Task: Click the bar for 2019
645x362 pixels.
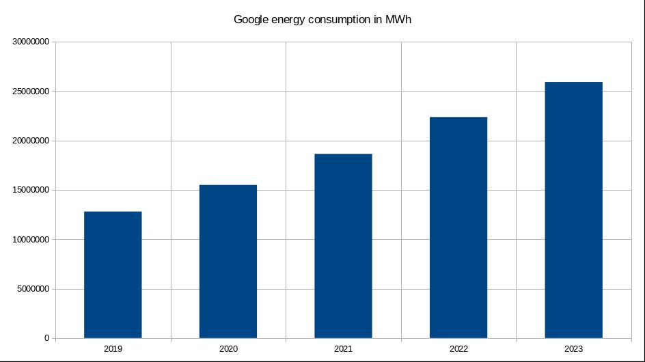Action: click(113, 275)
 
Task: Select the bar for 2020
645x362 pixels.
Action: click(228, 262)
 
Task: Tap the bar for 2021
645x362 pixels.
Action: click(343, 246)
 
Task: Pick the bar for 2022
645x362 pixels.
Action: click(458, 227)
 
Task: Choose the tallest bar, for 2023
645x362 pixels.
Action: click(573, 210)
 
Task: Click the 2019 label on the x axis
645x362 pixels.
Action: click(113, 349)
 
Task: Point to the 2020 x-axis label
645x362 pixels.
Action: click(228, 349)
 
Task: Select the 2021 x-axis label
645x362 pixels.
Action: click(343, 349)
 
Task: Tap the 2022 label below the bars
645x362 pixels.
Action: click(458, 349)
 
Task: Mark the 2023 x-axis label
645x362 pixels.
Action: click(573, 349)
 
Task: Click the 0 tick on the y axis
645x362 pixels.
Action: click(46, 338)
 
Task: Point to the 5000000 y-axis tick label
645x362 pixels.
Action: click(31, 289)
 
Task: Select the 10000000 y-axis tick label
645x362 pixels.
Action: click(29, 240)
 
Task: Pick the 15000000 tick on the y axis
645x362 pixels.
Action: click(29, 190)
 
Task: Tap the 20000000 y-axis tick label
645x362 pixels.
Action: click(29, 141)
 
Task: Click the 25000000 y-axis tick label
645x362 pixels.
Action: click(29, 92)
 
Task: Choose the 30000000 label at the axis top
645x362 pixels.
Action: click(29, 42)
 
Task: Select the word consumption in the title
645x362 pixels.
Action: click(338, 20)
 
